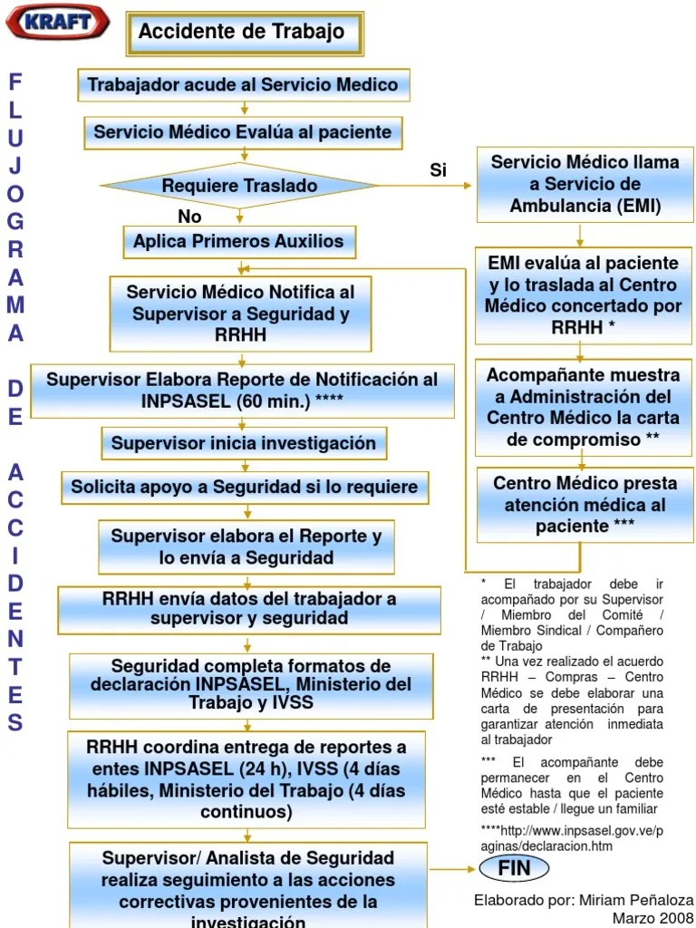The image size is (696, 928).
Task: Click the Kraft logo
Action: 58,22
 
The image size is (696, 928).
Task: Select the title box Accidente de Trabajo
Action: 243,33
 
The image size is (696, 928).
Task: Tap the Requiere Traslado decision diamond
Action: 239,186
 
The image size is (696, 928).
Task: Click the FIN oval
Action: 514,868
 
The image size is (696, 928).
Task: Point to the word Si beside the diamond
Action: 439,170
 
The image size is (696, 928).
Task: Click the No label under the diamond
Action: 189,217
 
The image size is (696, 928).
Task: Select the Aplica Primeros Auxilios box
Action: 239,242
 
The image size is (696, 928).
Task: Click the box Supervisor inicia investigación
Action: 243,444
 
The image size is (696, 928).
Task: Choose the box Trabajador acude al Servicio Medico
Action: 243,85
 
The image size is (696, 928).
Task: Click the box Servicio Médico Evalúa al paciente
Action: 243,132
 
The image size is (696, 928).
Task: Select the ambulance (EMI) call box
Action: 585,184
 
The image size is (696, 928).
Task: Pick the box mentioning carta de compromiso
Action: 585,407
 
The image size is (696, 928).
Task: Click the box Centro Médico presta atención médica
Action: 585,505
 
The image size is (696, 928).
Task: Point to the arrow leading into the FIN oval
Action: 453,868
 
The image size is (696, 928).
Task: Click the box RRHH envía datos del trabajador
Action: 249,609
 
